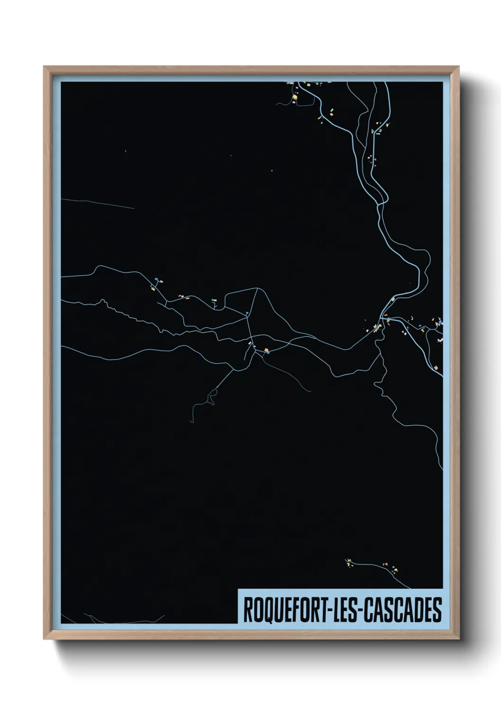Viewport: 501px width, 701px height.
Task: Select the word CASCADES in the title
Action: [403, 610]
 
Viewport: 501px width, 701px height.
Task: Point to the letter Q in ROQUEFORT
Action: [264, 610]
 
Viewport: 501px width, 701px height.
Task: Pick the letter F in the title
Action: [295, 610]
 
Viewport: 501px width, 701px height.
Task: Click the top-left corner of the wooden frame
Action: [45, 67]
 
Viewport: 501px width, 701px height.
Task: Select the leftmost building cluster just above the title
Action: [349, 562]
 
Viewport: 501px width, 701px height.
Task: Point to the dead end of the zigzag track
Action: [191, 422]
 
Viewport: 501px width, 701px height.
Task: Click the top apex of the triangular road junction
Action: [257, 288]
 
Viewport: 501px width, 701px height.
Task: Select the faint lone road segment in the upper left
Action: [97, 203]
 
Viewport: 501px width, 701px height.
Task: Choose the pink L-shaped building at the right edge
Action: [440, 340]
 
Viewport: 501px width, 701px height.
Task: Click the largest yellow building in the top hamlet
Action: [294, 97]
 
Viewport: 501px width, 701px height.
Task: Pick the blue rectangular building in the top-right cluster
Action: [378, 133]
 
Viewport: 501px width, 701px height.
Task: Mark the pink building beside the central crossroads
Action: [250, 343]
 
